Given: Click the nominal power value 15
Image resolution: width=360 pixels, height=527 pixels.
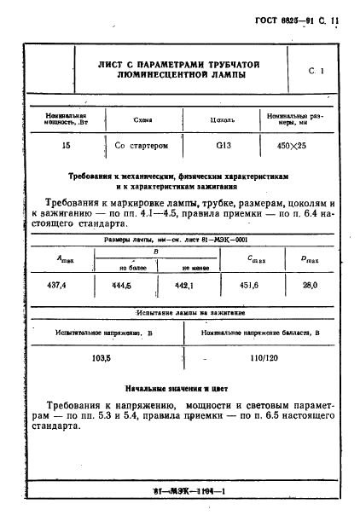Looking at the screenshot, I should coord(66,146).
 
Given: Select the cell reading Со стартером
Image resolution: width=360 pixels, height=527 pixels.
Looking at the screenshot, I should coord(142,146).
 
